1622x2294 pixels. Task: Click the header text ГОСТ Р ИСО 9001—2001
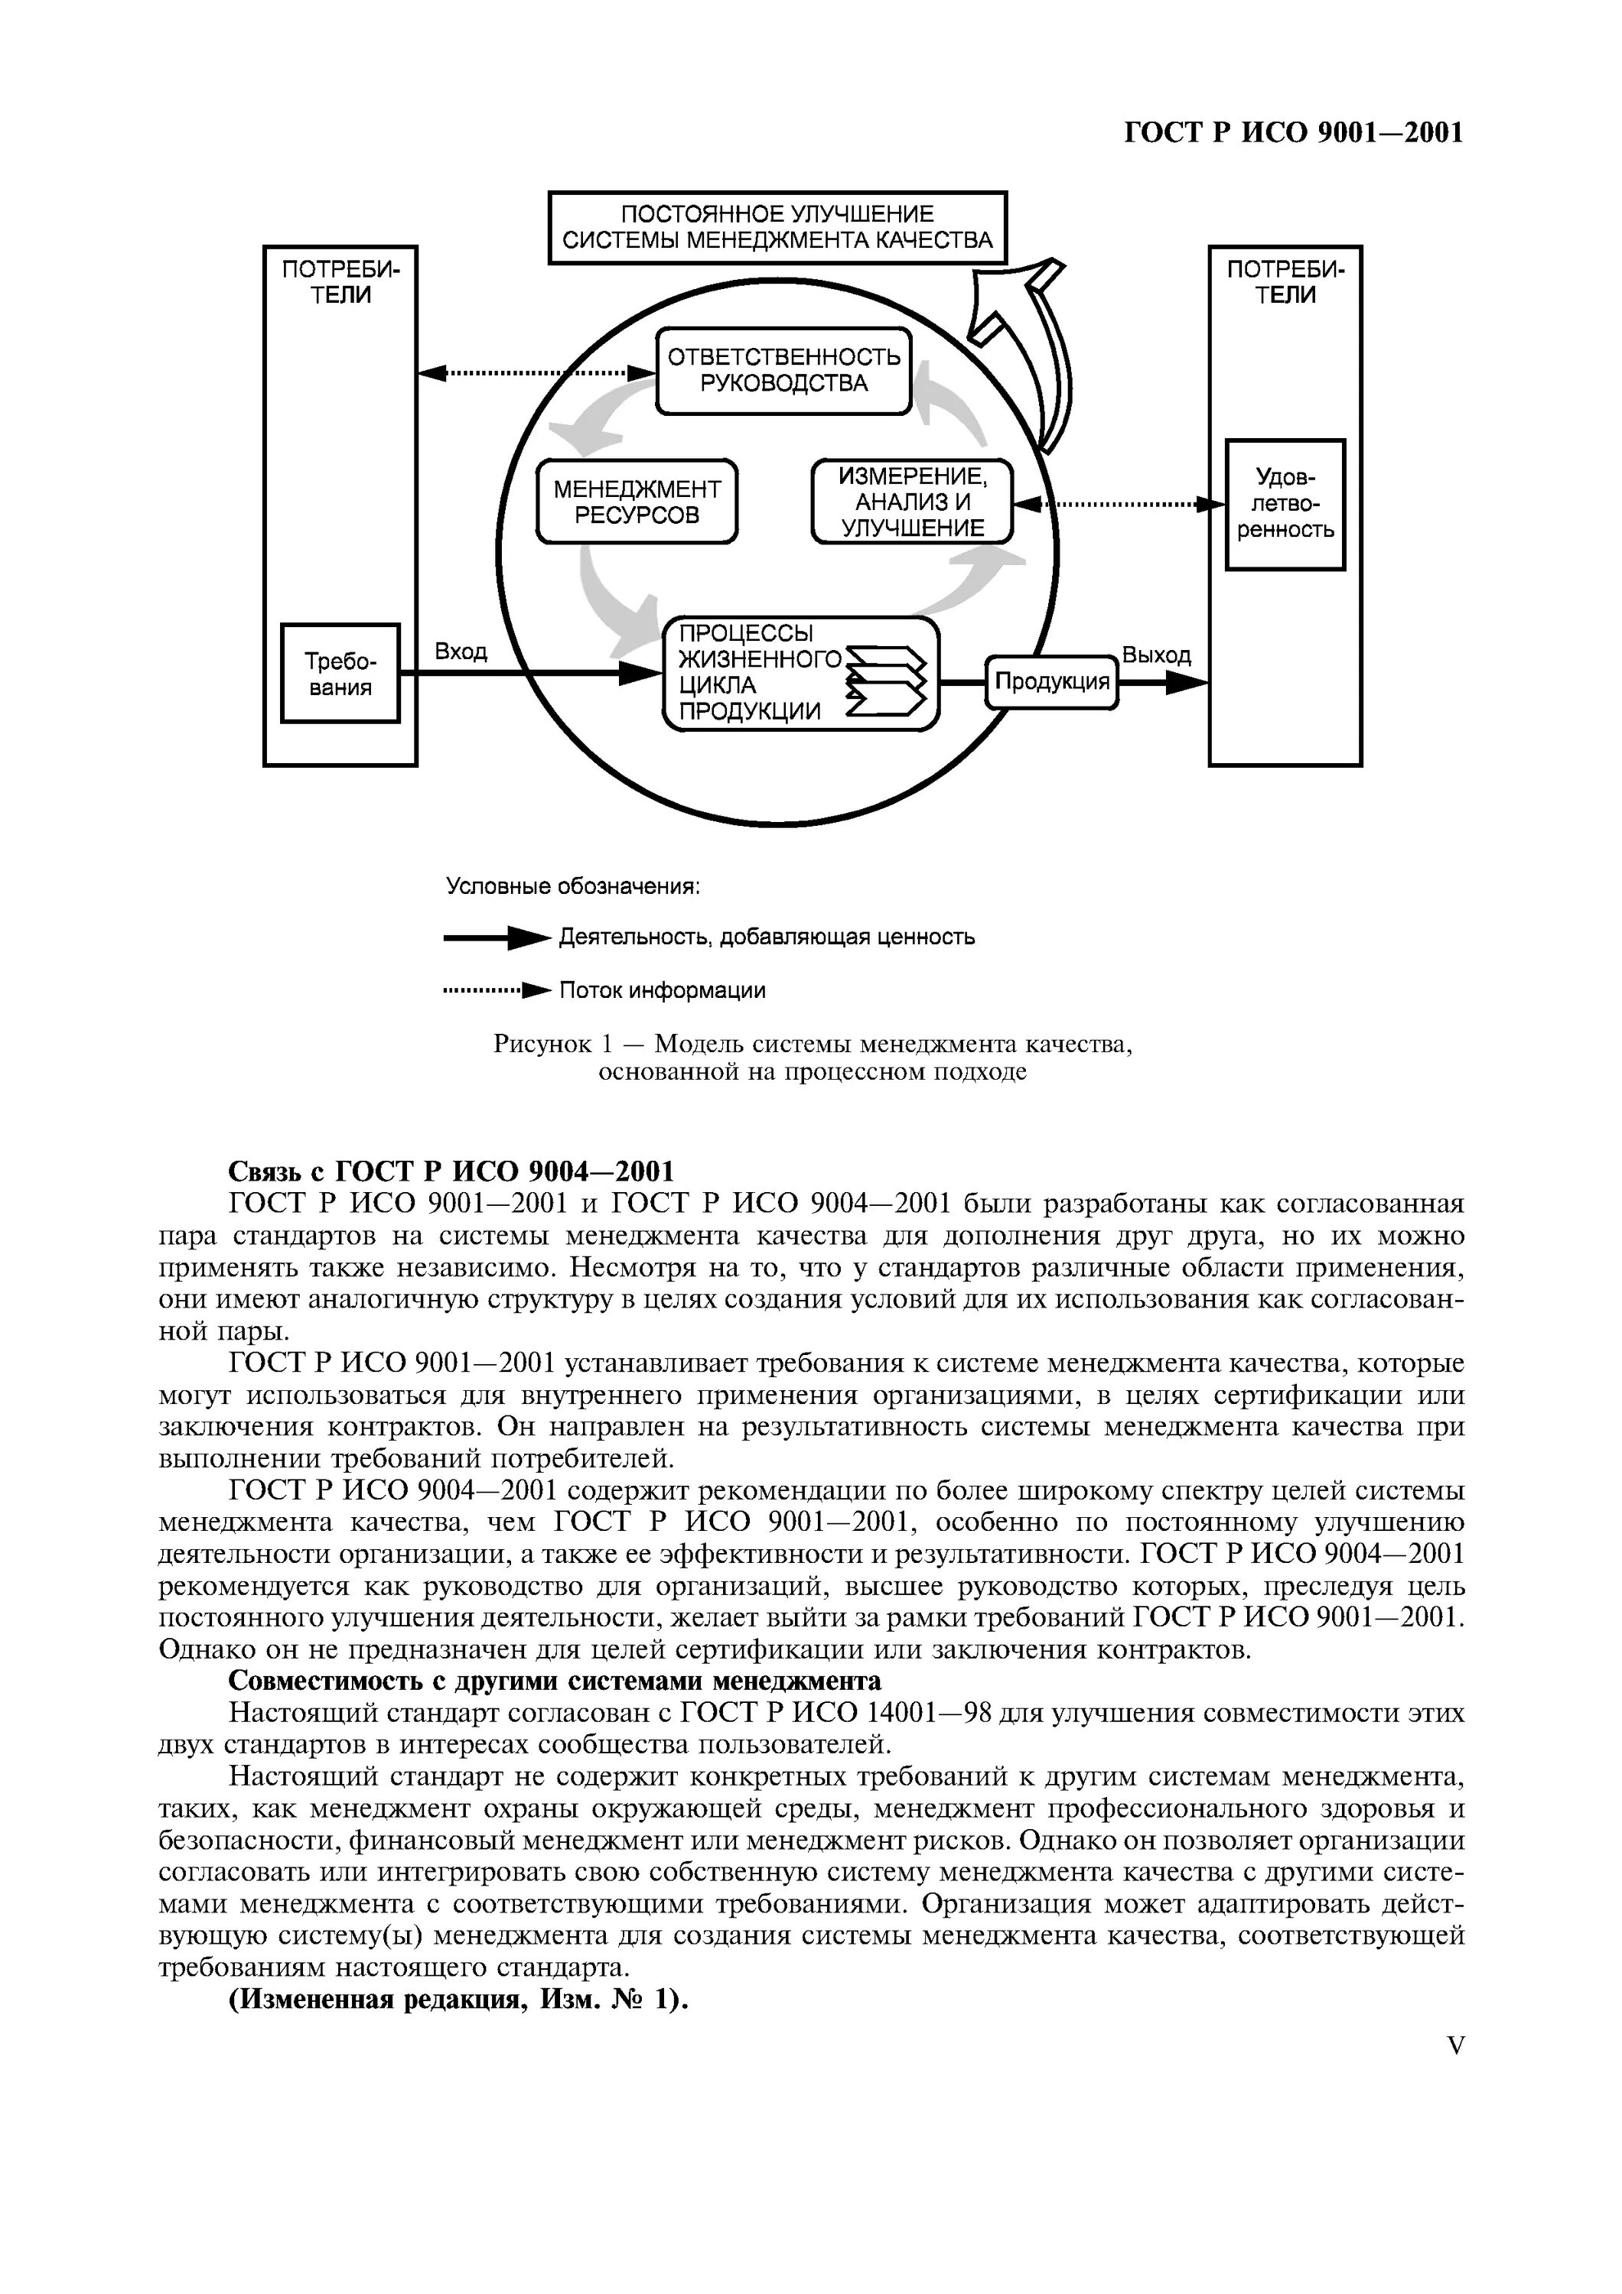[1293, 133]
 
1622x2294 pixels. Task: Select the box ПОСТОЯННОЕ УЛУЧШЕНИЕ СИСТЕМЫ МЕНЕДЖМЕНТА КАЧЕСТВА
[777, 227]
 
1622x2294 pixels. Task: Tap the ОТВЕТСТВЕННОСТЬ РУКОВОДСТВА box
[783, 371]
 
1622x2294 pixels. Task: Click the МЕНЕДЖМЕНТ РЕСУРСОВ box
[637, 502]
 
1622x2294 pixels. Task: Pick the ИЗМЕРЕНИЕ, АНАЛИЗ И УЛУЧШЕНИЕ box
[911, 502]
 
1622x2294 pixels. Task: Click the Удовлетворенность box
[1285, 505]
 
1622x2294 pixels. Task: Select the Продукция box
[1051, 682]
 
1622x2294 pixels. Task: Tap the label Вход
[461, 652]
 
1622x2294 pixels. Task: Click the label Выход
[1156, 656]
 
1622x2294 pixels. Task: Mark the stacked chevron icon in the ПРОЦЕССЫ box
[887, 681]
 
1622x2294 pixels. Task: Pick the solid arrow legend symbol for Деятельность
[497, 938]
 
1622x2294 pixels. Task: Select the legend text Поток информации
[662, 990]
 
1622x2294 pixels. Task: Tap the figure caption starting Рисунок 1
[812, 1058]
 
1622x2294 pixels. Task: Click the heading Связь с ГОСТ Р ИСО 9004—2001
[451, 1171]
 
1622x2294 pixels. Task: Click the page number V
[1455, 2046]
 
